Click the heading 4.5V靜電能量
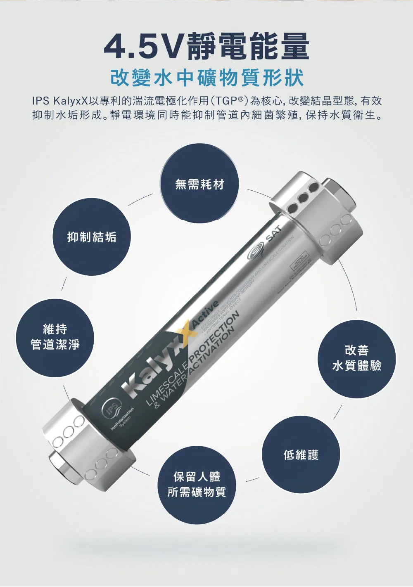[x=206, y=46]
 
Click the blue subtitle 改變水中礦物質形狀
[x=206, y=78]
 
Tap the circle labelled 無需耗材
[x=199, y=184]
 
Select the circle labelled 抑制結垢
[x=92, y=237]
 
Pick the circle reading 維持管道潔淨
[x=55, y=337]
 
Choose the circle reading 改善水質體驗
[x=357, y=358]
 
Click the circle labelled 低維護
[x=301, y=455]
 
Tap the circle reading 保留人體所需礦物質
[x=197, y=484]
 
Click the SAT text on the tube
[x=273, y=234]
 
